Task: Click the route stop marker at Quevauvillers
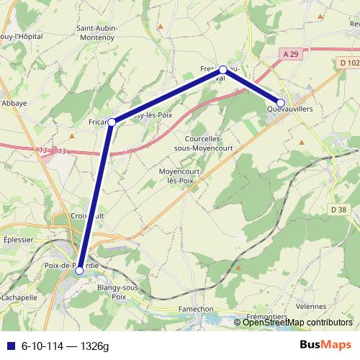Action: [x=281, y=103]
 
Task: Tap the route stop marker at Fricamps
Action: [x=112, y=122]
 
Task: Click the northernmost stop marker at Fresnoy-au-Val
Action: [x=223, y=70]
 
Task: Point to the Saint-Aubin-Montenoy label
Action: [x=98, y=32]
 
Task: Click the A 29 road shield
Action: [x=290, y=54]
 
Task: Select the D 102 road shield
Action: [x=348, y=63]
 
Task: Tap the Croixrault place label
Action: [x=88, y=215]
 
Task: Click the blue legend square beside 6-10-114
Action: [x=9, y=346]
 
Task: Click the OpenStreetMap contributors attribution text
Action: [x=297, y=322]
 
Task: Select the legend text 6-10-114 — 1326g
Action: [x=65, y=346]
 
